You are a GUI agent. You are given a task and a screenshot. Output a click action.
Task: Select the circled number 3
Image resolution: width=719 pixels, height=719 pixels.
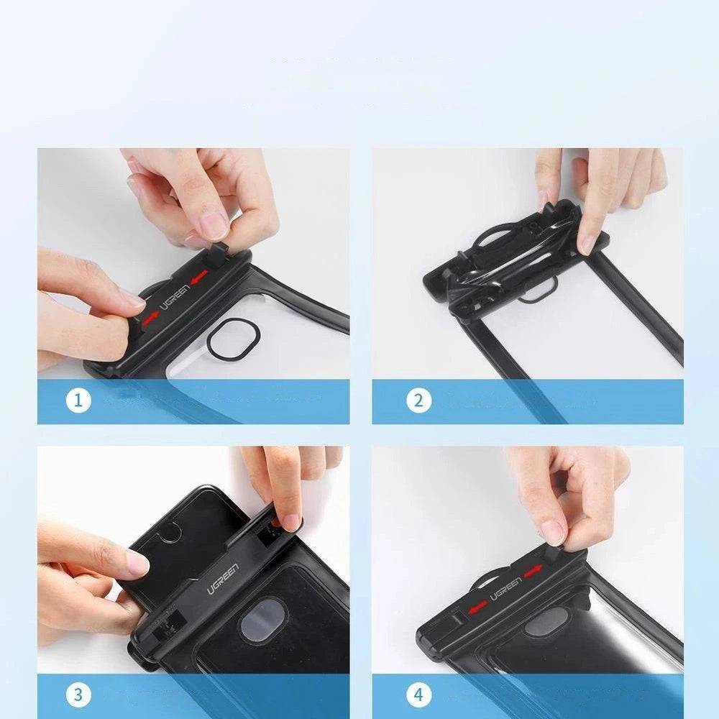coord(78,695)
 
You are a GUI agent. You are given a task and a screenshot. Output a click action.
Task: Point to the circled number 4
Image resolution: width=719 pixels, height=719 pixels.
coord(418,695)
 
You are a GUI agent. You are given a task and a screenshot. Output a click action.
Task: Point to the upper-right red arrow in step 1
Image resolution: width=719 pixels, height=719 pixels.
coord(199,275)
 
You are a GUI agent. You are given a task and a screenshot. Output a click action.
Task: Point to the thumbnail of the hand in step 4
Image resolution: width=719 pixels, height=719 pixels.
coord(554,531)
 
